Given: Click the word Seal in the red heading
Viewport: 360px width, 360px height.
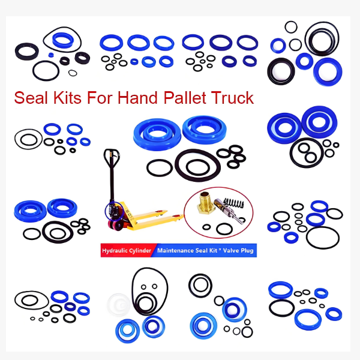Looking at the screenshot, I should [x=32, y=97].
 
